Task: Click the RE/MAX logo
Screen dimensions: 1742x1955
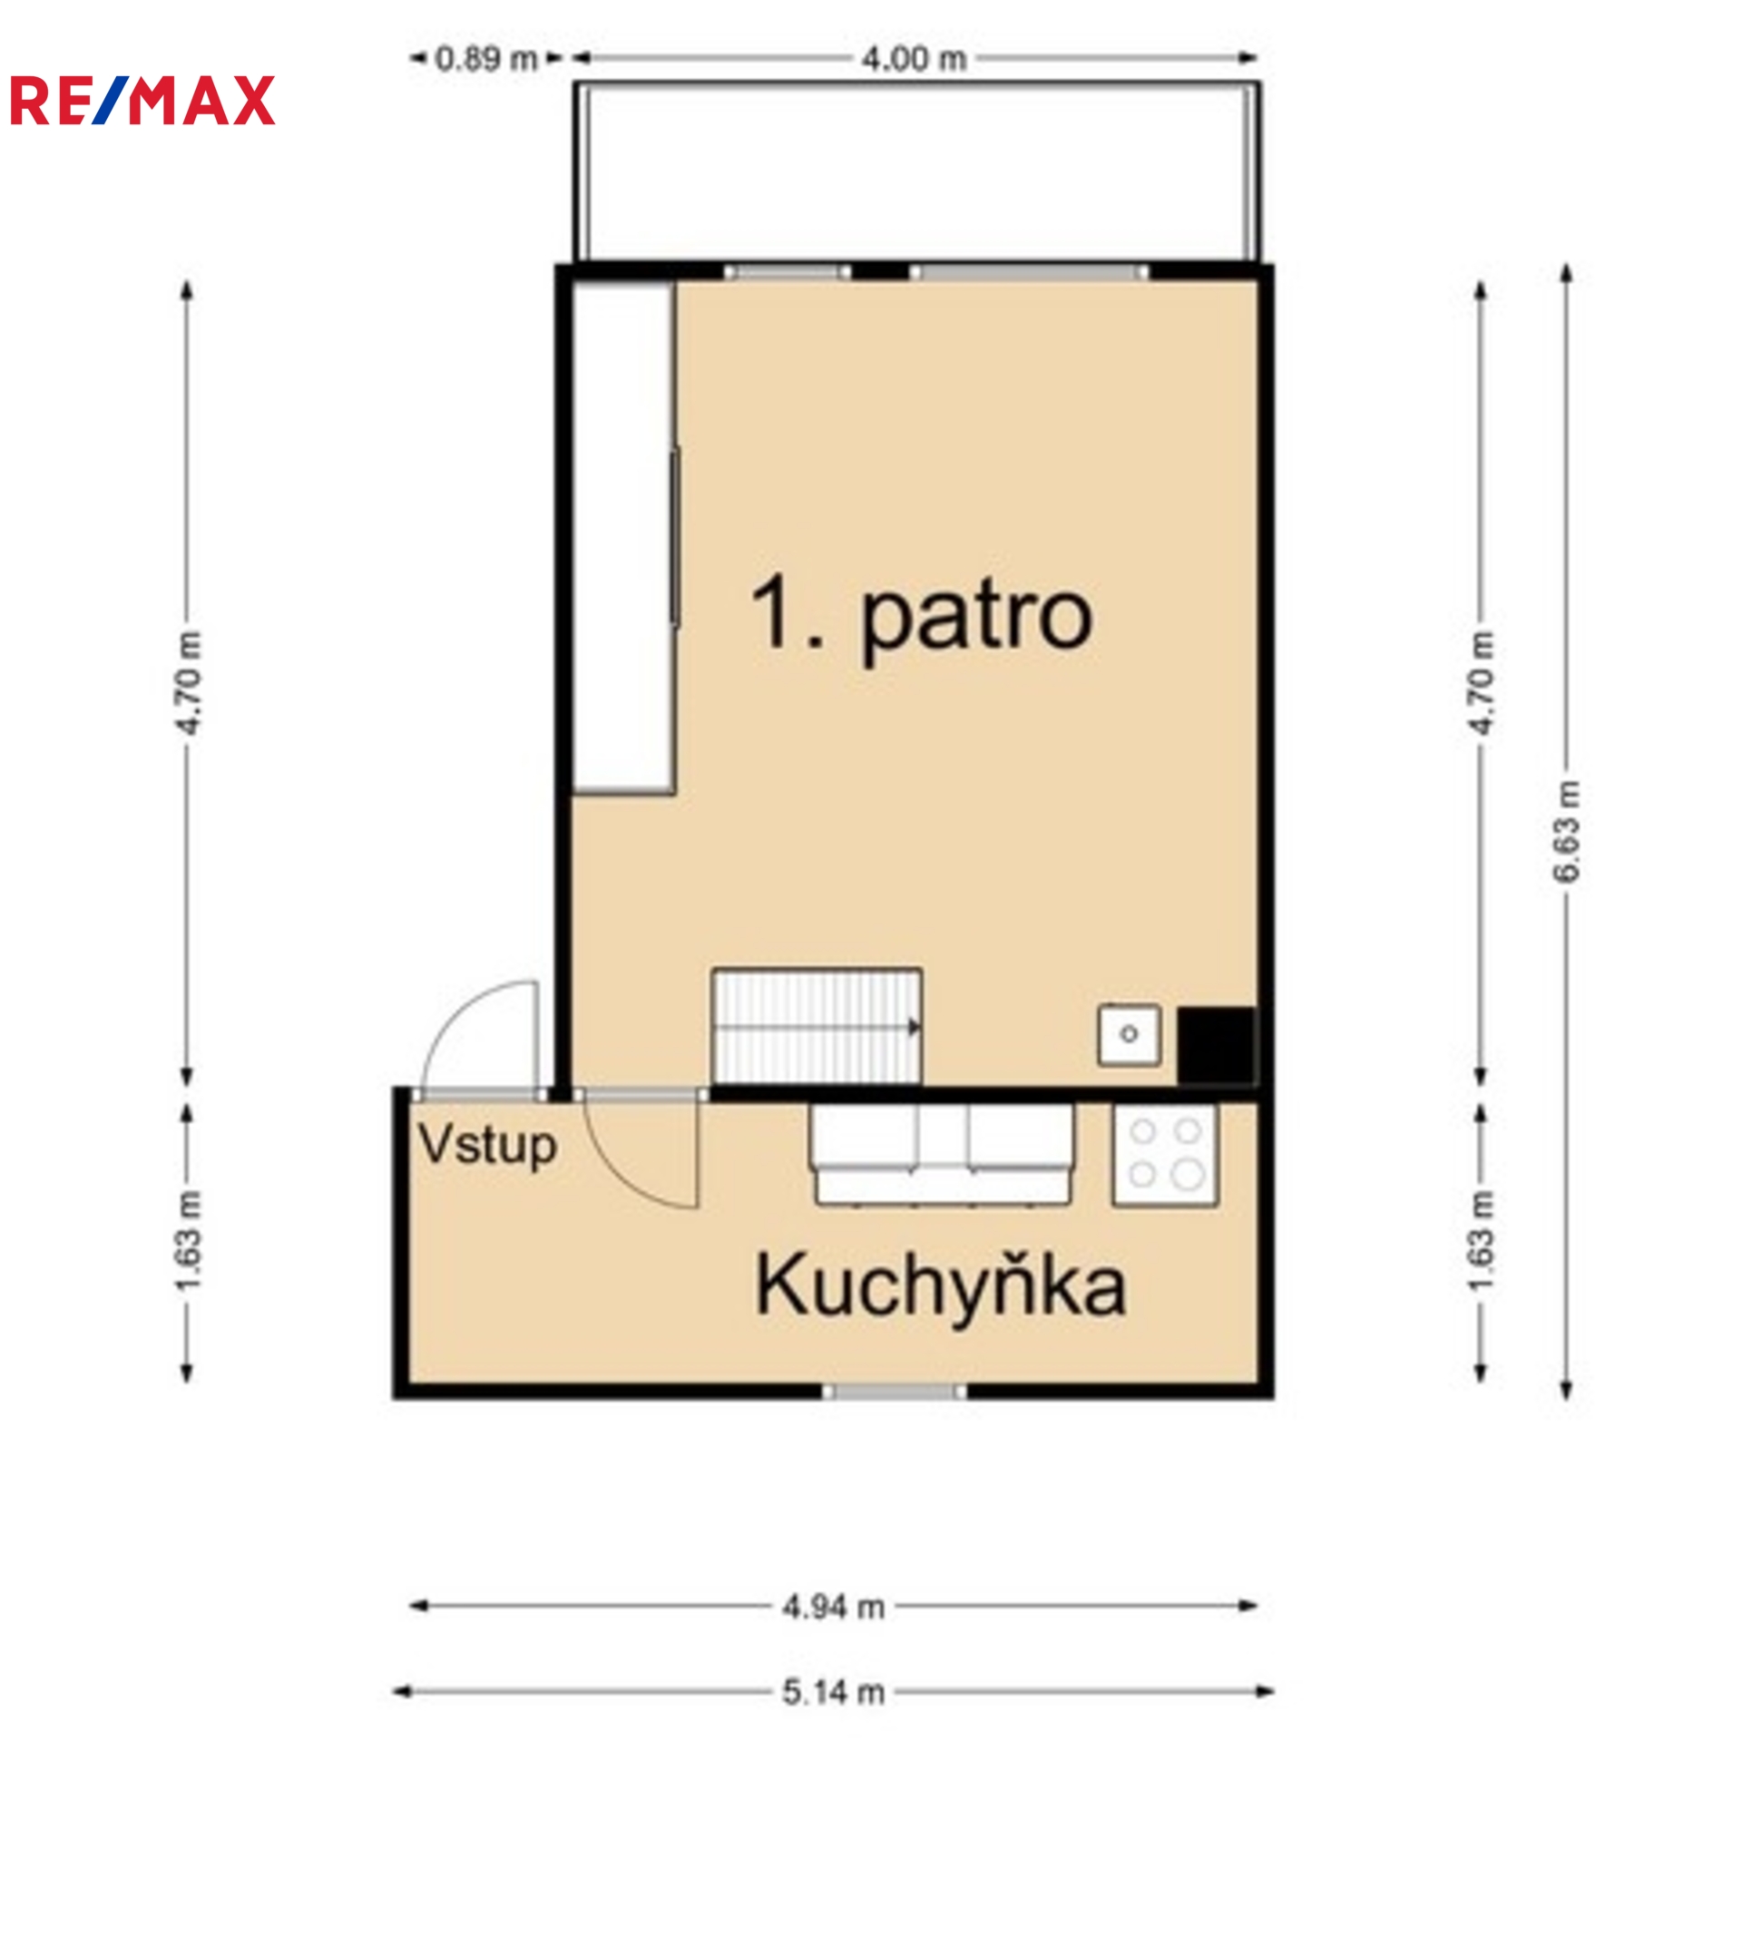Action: coord(142,101)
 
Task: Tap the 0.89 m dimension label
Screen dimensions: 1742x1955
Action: coord(486,59)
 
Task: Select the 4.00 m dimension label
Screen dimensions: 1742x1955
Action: coord(914,59)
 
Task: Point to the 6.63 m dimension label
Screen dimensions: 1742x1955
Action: coord(1567,832)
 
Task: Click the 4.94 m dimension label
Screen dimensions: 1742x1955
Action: coord(833,1607)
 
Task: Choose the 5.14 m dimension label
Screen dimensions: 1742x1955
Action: coord(833,1693)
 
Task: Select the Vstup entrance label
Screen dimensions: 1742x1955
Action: coord(487,1145)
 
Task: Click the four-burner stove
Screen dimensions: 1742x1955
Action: coord(1165,1155)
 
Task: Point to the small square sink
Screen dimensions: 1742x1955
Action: coord(1130,1034)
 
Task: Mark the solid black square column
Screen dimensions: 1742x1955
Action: coord(1216,1045)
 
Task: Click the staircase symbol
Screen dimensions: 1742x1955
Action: coord(817,1027)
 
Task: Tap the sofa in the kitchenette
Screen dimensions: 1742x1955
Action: coord(942,1154)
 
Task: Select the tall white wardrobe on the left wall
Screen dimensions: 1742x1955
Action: coord(624,538)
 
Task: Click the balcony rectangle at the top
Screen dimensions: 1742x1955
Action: coord(917,171)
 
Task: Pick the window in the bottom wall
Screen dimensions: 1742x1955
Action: coord(895,1392)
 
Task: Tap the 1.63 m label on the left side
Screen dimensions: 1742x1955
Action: coord(189,1240)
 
